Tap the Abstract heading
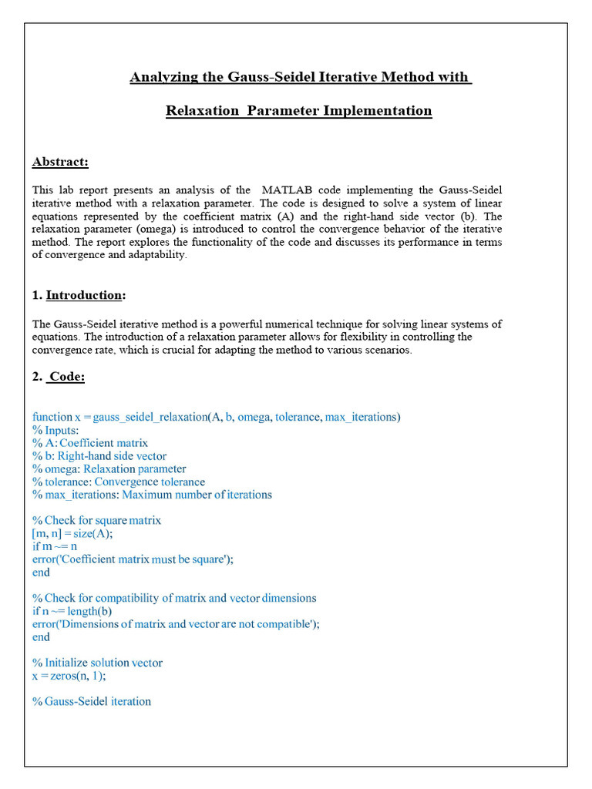(x=60, y=162)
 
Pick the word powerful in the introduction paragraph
(x=254, y=324)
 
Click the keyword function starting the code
(x=52, y=418)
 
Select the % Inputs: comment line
(x=55, y=430)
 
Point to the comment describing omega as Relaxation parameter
(x=109, y=468)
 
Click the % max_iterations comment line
(x=152, y=495)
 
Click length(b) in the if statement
(x=89, y=611)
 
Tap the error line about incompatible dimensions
(x=176, y=624)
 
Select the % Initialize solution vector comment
(x=97, y=663)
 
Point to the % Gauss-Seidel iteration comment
(x=92, y=701)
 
